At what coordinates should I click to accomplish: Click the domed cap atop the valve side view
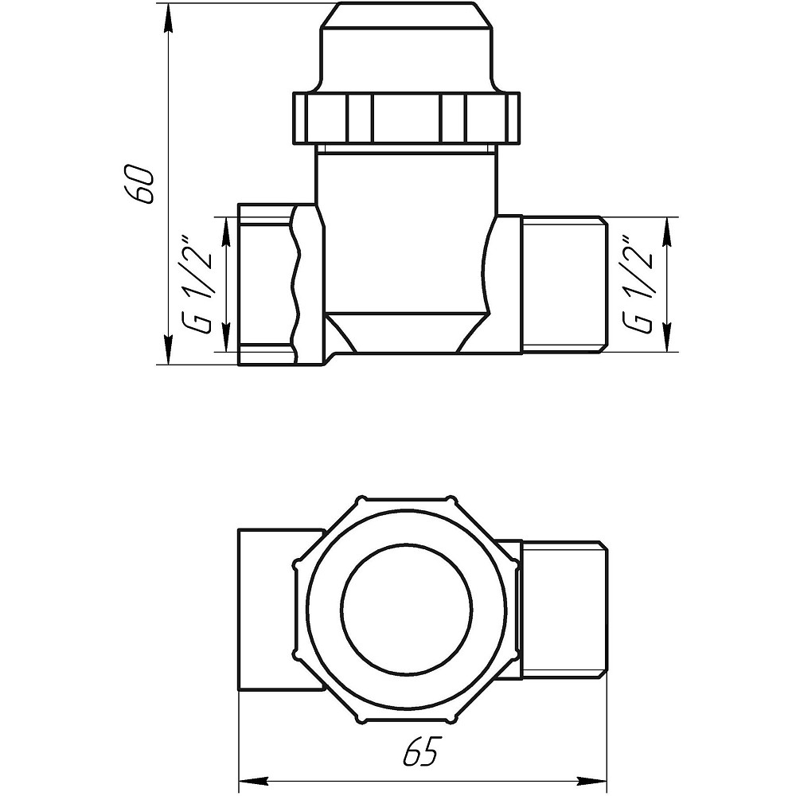tap(406, 48)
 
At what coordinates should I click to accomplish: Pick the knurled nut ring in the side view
tap(406, 117)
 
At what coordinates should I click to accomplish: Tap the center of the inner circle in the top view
tap(406, 610)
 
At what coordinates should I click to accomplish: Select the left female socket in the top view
tap(271, 610)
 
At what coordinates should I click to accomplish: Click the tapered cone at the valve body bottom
tap(406, 332)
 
